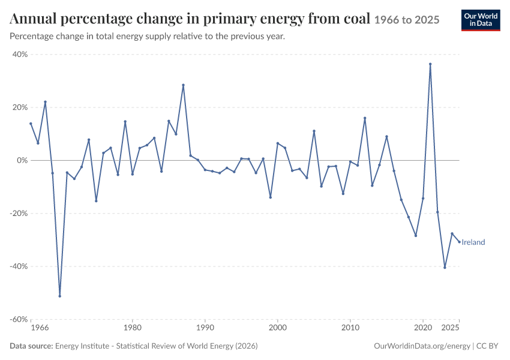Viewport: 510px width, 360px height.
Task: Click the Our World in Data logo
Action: coord(481,20)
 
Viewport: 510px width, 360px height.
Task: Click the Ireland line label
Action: coord(473,242)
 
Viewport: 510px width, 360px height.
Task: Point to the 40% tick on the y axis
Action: coord(20,55)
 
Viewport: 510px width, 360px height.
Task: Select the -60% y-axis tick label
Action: coord(19,319)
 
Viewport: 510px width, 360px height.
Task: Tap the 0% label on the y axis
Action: coord(22,160)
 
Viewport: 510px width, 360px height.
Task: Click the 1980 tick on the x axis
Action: coord(133,328)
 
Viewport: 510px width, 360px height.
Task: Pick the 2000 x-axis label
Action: coord(278,328)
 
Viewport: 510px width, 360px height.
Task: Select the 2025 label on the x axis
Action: coord(450,328)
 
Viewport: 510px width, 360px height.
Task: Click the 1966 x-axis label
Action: coord(40,328)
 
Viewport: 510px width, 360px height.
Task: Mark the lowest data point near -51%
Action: coord(60,296)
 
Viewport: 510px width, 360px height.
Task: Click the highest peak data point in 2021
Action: coord(430,64)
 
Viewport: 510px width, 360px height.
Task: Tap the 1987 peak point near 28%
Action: coord(183,85)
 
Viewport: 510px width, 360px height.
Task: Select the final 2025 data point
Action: coord(459,242)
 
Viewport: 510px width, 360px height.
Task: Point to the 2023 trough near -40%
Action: coord(445,268)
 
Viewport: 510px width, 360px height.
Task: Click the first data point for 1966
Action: coord(31,124)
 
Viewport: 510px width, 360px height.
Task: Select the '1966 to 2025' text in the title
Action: coord(407,20)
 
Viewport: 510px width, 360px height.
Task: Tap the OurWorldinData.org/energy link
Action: coord(422,346)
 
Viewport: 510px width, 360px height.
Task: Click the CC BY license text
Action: coord(487,346)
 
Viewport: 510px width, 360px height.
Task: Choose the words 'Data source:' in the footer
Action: coord(31,346)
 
